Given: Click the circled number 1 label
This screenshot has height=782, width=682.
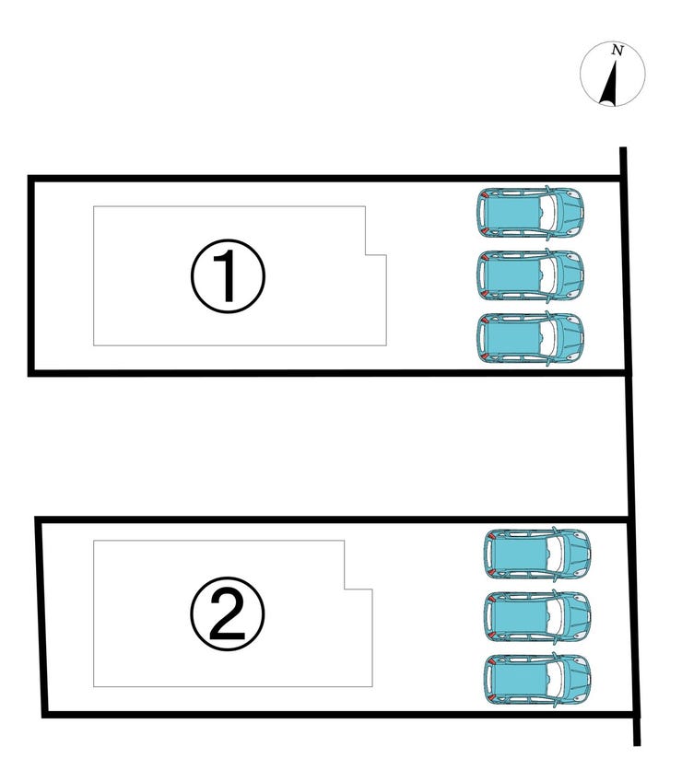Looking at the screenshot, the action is (228, 275).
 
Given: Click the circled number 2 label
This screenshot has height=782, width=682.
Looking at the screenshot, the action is (228, 614).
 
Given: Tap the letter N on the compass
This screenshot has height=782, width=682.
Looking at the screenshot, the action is (618, 51).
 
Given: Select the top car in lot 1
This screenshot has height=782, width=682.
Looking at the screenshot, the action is (530, 213).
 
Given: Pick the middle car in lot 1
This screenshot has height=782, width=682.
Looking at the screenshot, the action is (530, 275).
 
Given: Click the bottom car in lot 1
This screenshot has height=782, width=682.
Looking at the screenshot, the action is (530, 338).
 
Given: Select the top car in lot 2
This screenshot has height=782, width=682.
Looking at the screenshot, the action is (537, 554).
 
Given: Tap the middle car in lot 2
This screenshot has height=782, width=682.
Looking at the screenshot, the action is (537, 616).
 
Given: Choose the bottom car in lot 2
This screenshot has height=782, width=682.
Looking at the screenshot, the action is (537, 679).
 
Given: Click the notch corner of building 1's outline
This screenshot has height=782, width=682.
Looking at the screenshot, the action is (366, 255).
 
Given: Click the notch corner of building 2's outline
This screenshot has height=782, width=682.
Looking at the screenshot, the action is (345, 589).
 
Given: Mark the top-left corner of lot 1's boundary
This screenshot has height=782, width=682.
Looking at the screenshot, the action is (30, 179).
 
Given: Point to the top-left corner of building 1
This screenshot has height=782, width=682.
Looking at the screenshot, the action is (94, 206).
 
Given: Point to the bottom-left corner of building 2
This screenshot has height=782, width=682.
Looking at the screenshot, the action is (94, 687).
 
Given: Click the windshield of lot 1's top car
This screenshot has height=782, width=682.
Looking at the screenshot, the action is (549, 213).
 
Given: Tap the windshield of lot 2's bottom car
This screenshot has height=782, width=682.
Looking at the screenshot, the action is (557, 679).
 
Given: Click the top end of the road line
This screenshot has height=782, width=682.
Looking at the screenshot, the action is (623, 147).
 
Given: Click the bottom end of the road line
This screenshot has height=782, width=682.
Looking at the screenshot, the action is (637, 745).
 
